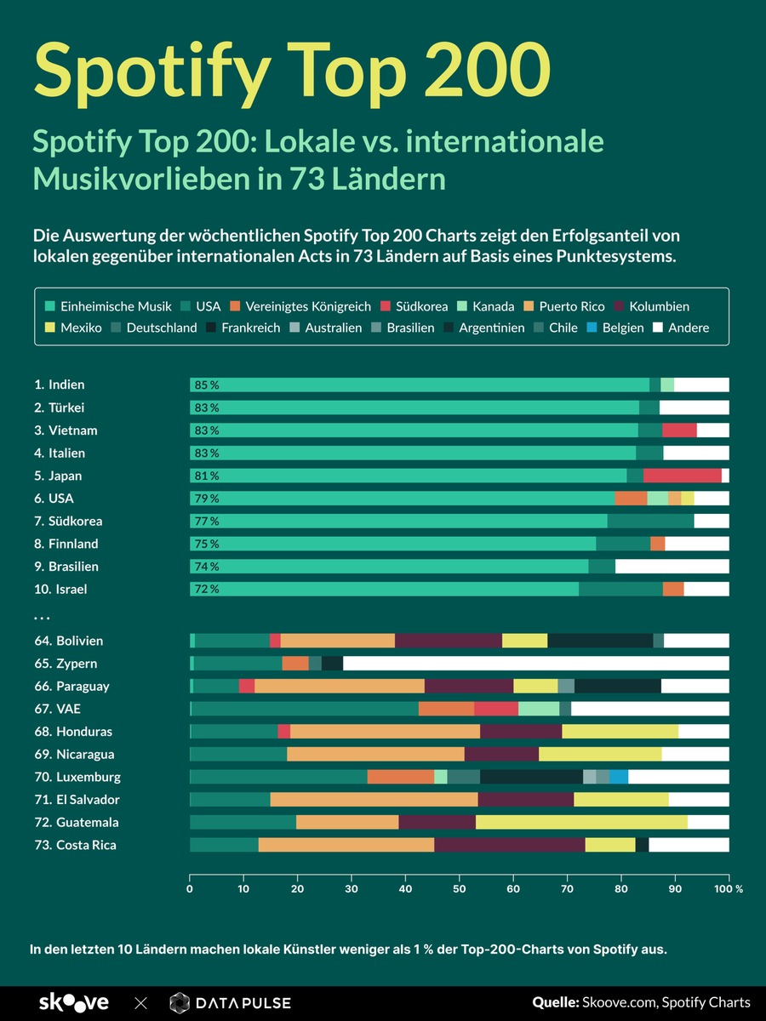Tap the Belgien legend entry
[615, 328]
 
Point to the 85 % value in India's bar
[206, 385]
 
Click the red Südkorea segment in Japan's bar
[682, 476]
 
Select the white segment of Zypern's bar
[535, 663]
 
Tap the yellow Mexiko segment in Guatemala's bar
[581, 822]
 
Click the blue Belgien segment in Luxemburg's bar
[619, 777]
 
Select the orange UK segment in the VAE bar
[446, 709]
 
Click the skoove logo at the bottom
[74, 1003]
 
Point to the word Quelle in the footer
[555, 1002]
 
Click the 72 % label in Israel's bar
[206, 589]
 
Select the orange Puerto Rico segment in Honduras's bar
[385, 731]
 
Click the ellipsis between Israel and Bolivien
[42, 616]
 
